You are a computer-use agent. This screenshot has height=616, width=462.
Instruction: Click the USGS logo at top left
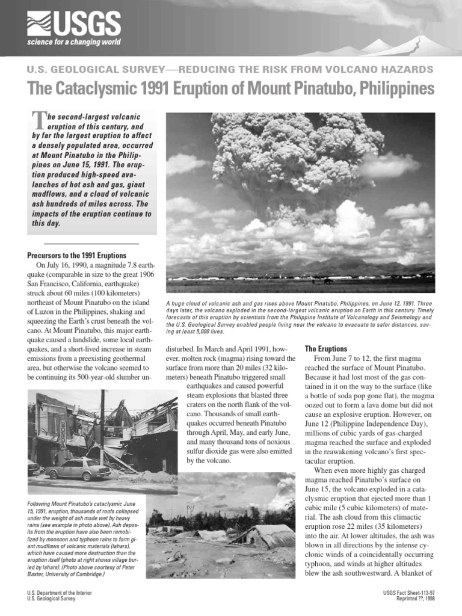[73, 24]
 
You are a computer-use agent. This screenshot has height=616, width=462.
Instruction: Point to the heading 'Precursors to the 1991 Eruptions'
[82, 254]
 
